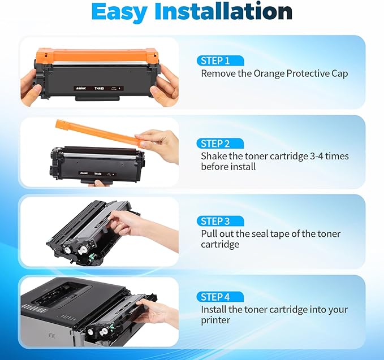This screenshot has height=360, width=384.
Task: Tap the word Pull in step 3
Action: pos(209,233)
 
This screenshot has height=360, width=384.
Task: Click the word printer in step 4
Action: pos(215,320)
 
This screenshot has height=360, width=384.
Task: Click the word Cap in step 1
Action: pos(339,73)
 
